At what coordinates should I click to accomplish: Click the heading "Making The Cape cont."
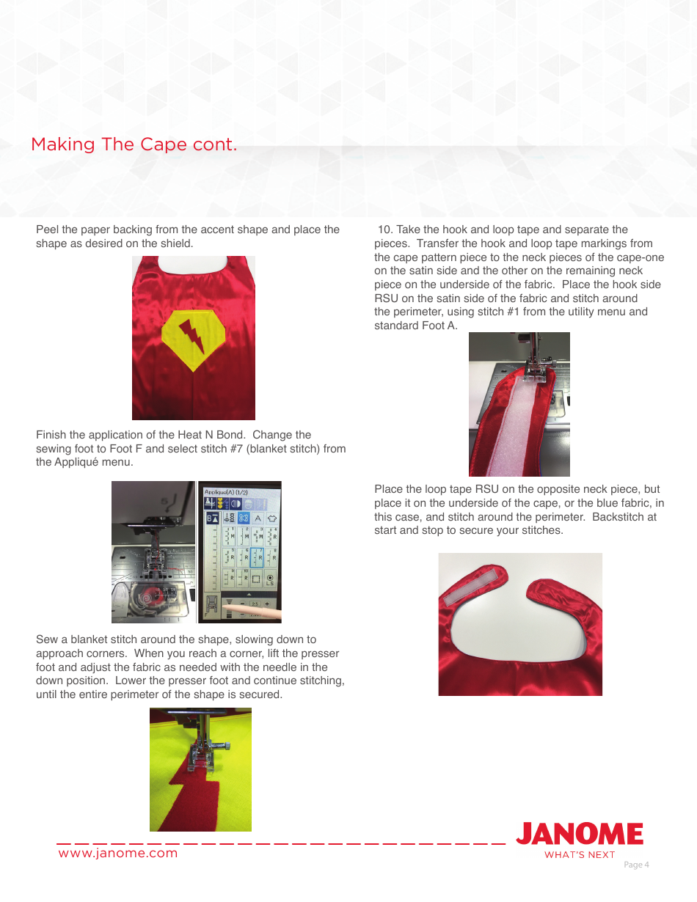click(134, 144)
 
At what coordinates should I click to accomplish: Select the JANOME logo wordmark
click(579, 835)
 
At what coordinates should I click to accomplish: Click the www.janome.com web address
click(117, 853)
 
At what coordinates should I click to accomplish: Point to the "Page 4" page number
click(636, 865)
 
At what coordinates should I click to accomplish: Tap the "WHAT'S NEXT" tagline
click(579, 854)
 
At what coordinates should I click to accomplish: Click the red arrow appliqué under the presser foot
click(192, 796)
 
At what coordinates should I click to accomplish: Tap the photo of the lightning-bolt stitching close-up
click(200, 769)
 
